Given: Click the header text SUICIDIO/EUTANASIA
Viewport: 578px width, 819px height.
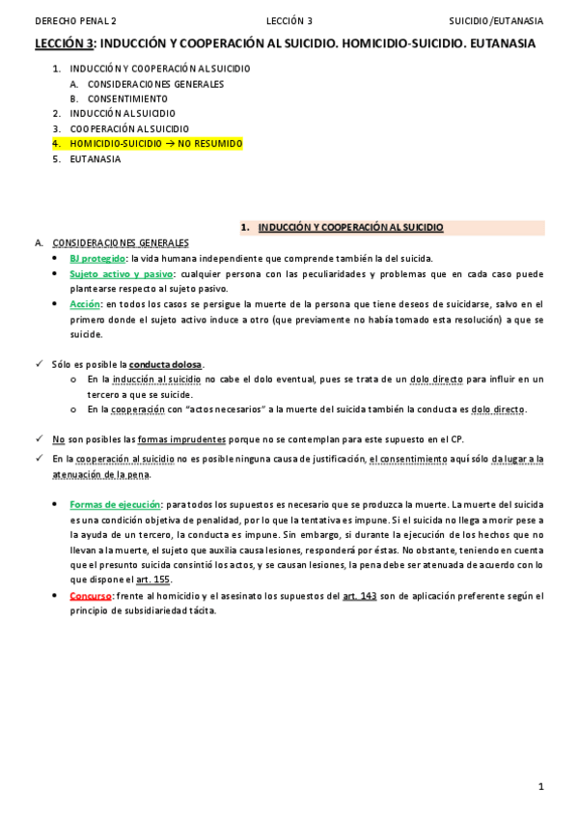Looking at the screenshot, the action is tap(496, 20).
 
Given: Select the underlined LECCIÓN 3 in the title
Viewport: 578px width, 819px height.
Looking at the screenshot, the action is tap(65, 44).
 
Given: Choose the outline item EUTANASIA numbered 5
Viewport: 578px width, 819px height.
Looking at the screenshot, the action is tap(96, 158).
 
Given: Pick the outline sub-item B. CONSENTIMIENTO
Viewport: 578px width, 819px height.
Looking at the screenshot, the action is tap(126, 99).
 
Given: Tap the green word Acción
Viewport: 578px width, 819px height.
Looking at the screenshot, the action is tap(85, 304).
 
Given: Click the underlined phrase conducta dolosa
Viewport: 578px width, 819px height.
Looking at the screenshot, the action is tap(166, 364).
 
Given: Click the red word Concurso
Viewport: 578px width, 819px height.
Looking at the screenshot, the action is tap(91, 596).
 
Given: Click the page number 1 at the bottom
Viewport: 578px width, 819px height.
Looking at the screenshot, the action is tap(541, 787).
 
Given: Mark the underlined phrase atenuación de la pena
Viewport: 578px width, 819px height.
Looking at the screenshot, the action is tap(100, 474).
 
